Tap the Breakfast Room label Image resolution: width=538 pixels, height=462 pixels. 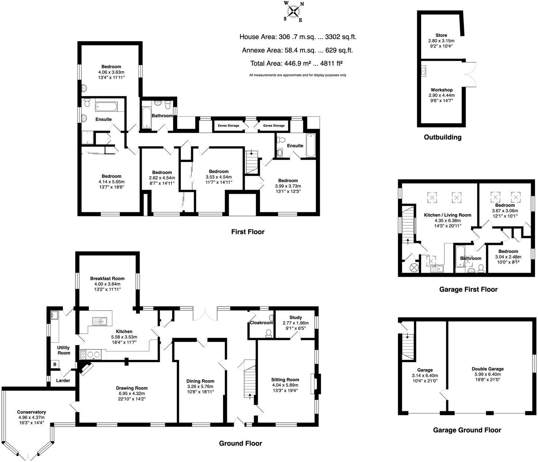coord(107,279)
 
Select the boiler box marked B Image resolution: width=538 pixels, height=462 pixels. coord(55,364)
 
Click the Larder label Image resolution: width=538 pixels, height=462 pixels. coord(63,380)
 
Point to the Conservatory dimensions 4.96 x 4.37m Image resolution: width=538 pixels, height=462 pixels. coord(31,417)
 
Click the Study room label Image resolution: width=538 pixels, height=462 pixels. coord(295,317)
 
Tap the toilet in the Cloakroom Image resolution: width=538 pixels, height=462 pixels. coord(269,333)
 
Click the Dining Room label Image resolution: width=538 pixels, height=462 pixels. coord(200,381)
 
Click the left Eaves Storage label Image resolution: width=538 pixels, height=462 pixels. coord(228,126)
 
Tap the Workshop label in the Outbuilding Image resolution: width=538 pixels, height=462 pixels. coord(442,90)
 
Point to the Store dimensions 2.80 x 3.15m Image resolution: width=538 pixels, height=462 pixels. coord(441,41)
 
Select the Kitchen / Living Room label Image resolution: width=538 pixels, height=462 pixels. coord(447,215)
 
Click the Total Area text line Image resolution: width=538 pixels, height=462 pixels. coord(296,63)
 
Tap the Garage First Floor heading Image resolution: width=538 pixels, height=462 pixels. coord(468,289)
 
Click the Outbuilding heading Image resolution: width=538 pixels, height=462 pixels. coord(443,137)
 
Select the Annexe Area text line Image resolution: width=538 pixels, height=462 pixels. coord(297,50)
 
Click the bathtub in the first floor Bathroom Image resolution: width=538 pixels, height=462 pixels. coord(146,117)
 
